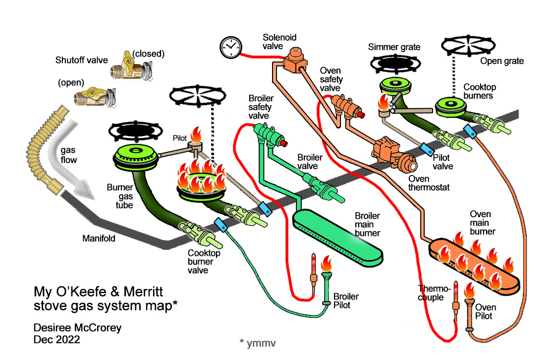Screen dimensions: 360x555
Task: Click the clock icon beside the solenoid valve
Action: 229,47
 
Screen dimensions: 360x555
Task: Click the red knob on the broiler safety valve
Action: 284,144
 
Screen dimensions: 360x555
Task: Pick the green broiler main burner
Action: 337,236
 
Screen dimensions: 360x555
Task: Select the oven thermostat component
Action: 391,154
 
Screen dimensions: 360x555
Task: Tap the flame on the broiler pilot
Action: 327,264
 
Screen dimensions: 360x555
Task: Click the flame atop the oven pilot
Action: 469,290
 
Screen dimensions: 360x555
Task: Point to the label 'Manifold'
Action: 99,239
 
